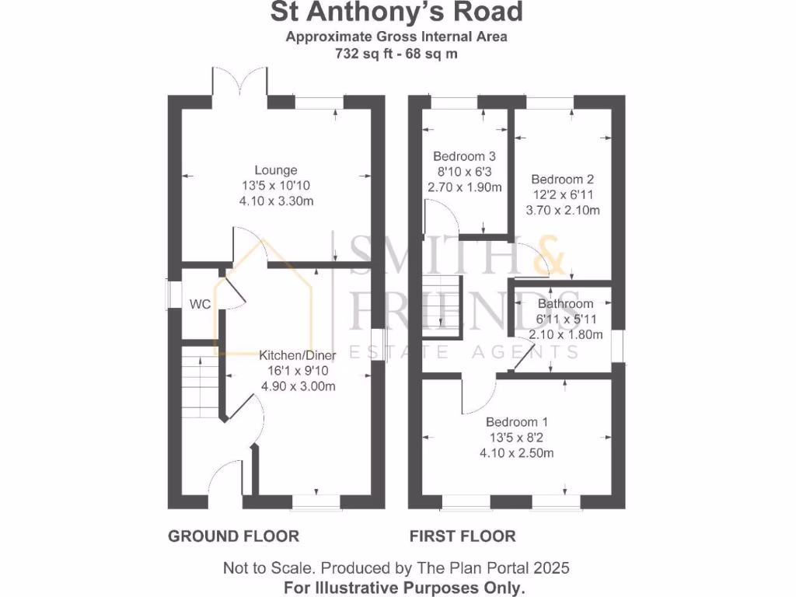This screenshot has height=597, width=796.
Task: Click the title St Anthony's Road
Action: [x=396, y=12]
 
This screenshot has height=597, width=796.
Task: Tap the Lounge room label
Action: [x=276, y=170]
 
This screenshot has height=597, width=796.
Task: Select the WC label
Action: [x=201, y=305]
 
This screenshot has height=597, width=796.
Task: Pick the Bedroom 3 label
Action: [x=464, y=155]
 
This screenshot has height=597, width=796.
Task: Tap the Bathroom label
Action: [x=565, y=304]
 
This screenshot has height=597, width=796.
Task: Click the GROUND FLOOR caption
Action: [x=234, y=536]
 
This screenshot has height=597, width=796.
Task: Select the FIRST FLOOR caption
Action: [x=463, y=536]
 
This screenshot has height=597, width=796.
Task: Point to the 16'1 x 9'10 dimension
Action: [x=297, y=370]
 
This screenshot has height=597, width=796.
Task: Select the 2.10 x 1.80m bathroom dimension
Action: [x=565, y=335]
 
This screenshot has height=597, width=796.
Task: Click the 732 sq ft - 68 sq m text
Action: [x=396, y=54]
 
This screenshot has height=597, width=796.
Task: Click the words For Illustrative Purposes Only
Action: [x=404, y=587]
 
